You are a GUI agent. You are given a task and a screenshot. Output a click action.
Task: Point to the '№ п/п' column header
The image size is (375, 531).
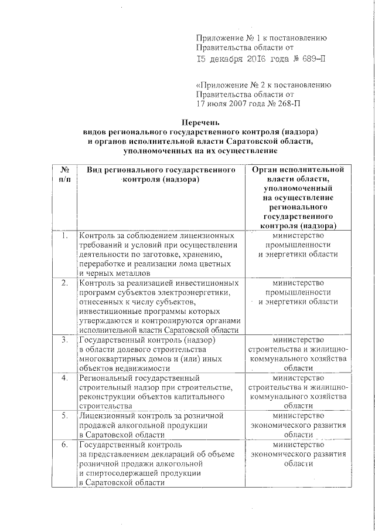pyautogui.click(x=64, y=174)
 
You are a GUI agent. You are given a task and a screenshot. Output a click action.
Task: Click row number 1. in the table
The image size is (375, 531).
pyautogui.click(x=64, y=236)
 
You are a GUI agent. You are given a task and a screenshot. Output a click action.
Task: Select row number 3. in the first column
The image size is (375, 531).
pyautogui.click(x=64, y=340)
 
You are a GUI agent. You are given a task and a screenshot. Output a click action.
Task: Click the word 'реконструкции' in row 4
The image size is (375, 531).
pyautogui.click(x=105, y=397)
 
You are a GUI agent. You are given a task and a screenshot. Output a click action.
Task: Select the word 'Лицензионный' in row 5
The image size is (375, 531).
pyautogui.click(x=107, y=415)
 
